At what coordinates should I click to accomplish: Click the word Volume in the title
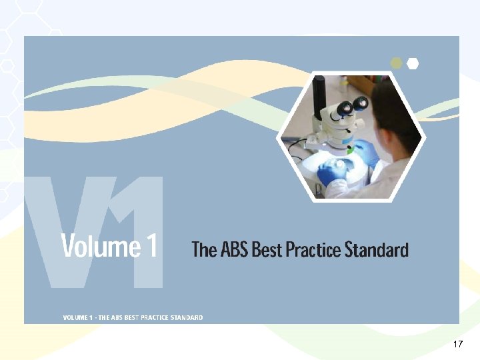point(99,247)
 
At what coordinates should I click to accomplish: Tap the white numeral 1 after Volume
point(151,247)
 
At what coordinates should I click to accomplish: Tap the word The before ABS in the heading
point(204,250)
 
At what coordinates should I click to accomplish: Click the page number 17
point(457,344)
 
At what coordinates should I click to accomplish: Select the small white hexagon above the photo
point(413,63)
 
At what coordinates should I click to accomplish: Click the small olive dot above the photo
point(397,63)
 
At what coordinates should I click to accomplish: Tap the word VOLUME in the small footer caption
point(77,318)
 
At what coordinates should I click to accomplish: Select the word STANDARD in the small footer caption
point(189,318)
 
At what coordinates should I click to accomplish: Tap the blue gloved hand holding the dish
point(331,173)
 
